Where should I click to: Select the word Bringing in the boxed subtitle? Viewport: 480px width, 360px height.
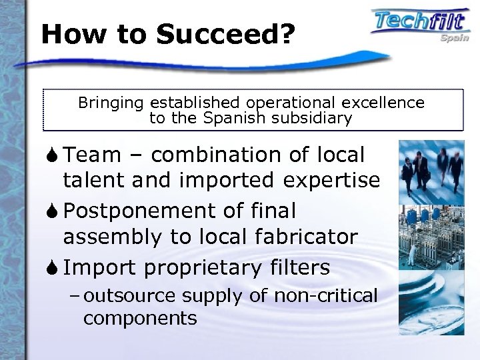[x=112, y=103]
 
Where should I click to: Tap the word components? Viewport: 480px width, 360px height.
[x=140, y=317]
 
